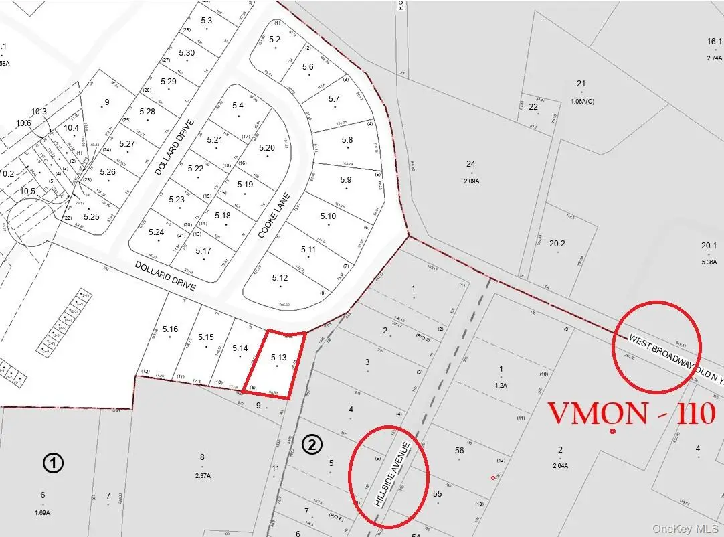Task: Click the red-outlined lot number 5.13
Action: click(x=278, y=358)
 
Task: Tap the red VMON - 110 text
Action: click(x=632, y=414)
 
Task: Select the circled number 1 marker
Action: click(x=53, y=463)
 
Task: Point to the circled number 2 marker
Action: click(x=312, y=445)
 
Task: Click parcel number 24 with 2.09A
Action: click(x=471, y=164)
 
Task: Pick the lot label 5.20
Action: click(x=267, y=148)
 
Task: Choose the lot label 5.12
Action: click(x=280, y=277)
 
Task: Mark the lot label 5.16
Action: click(x=170, y=329)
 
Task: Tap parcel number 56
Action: click(x=459, y=451)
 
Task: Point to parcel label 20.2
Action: click(x=557, y=244)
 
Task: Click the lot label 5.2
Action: click(x=274, y=40)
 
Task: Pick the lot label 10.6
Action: click(x=24, y=123)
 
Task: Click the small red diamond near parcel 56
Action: click(x=493, y=477)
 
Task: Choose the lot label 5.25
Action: click(x=92, y=216)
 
